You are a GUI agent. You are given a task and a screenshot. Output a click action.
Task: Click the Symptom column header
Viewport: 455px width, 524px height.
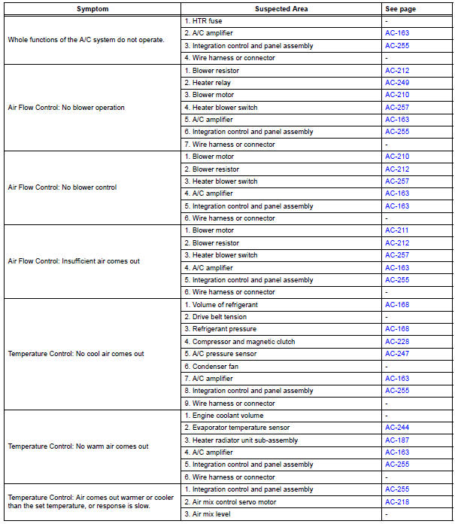pyautogui.click(x=92, y=8)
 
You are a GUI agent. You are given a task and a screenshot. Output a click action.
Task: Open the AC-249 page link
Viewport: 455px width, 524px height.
pyautogui.click(x=397, y=83)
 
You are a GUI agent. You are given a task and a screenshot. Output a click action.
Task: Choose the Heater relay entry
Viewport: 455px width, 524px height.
pyautogui.click(x=208, y=83)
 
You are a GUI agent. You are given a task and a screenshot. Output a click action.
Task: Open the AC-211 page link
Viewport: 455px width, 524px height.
pyautogui.click(x=397, y=230)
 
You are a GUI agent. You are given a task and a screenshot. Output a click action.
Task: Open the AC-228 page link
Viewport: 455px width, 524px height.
pyautogui.click(x=397, y=342)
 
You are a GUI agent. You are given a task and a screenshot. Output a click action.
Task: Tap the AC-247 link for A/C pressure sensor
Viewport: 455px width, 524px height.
pyautogui.click(x=397, y=354)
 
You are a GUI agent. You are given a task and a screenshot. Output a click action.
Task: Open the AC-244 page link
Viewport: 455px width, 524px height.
pyautogui.click(x=397, y=428)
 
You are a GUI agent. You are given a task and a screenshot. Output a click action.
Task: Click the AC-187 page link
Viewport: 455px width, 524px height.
pyautogui.click(x=397, y=440)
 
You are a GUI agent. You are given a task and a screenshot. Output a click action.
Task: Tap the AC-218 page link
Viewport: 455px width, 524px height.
pyautogui.click(x=397, y=501)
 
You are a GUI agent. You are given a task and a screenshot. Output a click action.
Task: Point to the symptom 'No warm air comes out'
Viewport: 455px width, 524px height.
pyautogui.click(x=78, y=446)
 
